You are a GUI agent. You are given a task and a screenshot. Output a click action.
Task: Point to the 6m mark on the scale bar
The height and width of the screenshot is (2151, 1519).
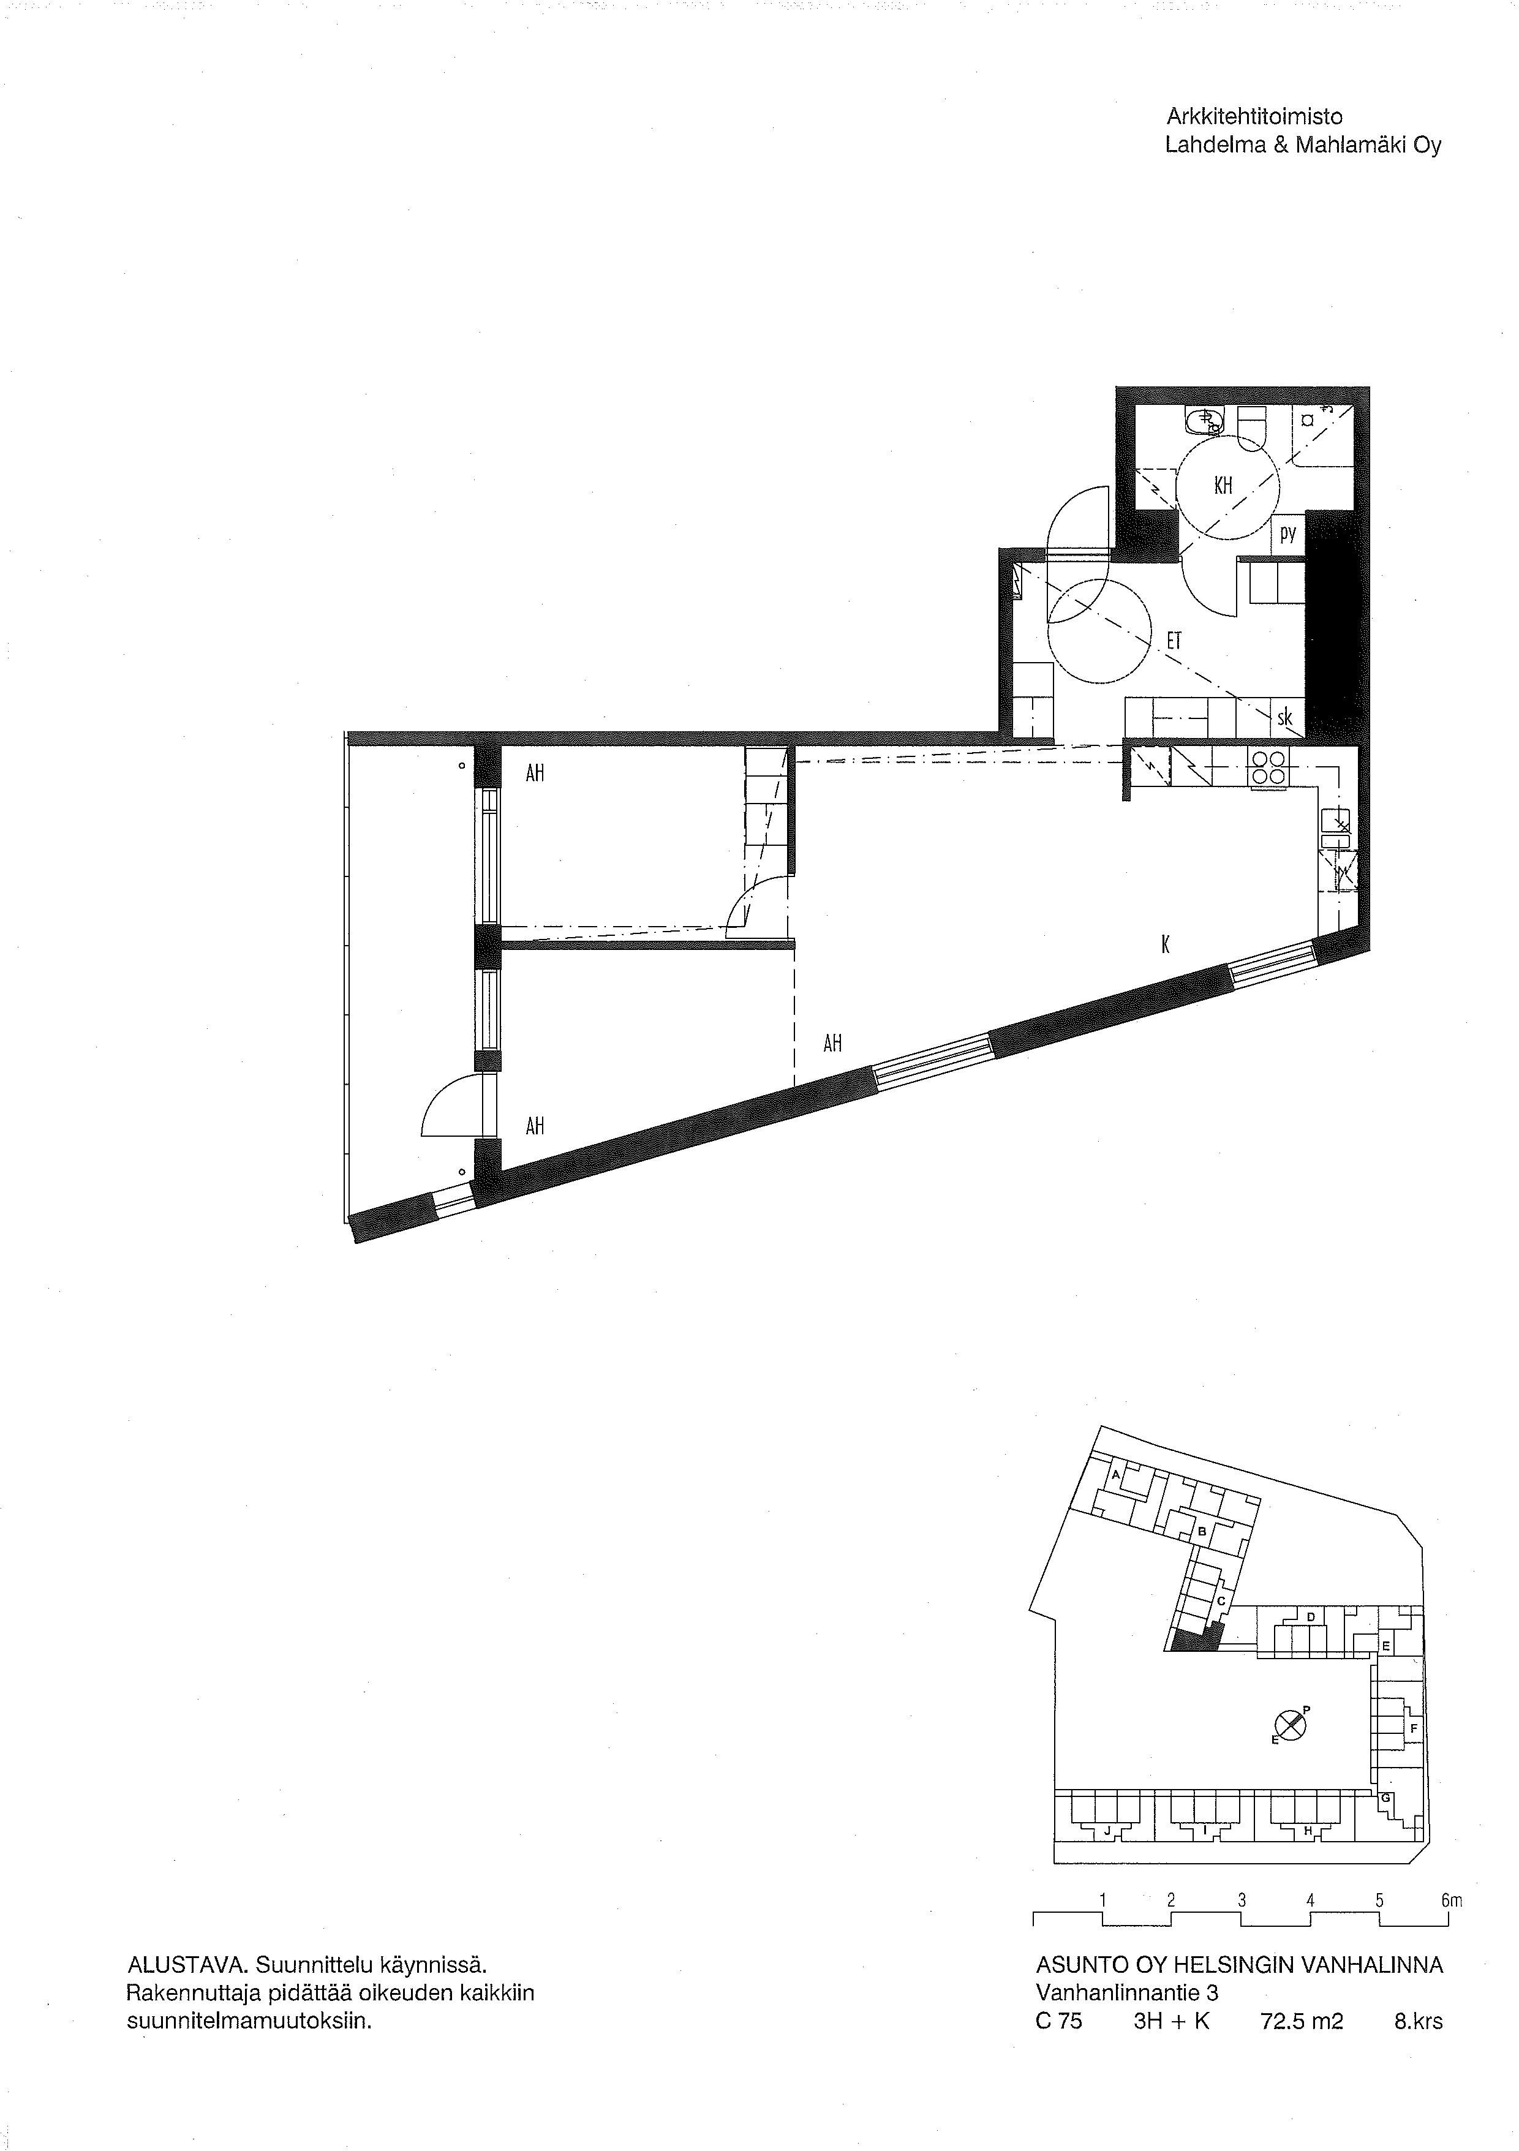coord(1452,1901)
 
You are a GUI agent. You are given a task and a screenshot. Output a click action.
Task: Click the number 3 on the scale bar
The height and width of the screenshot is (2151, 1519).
coord(1242,1901)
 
